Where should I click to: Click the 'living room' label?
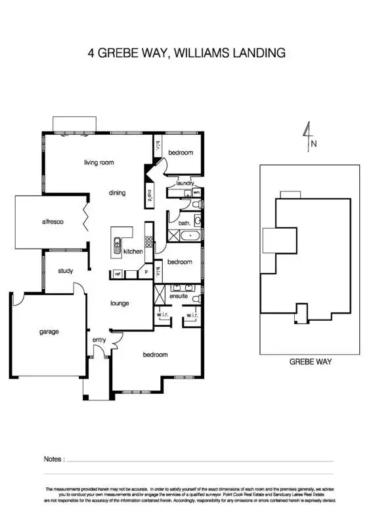pos(99,162)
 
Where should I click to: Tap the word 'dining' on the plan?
pos(117,193)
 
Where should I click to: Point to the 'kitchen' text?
pos(133,252)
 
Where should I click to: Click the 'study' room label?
pos(64,271)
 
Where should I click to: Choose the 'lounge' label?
pos(120,303)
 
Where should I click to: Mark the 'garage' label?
pos(49,331)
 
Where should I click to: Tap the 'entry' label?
pos(99,339)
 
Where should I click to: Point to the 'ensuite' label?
pos(179,297)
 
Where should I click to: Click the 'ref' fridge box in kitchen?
pos(118,274)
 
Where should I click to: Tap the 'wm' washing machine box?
pos(196,192)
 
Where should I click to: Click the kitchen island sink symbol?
pos(118,245)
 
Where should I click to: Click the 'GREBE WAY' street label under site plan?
pos(311,362)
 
